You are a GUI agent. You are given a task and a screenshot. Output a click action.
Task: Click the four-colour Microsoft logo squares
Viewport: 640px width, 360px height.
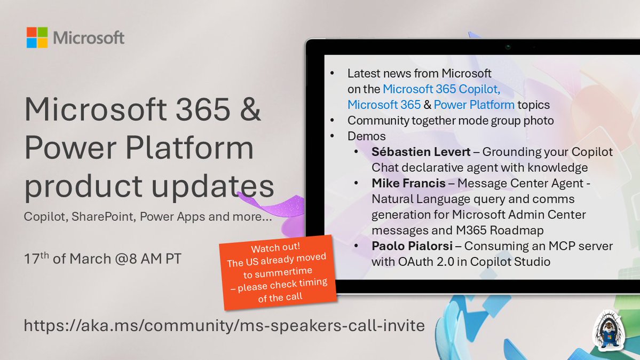[37, 37]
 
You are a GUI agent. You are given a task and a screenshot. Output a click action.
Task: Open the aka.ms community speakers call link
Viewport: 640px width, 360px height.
[224, 325]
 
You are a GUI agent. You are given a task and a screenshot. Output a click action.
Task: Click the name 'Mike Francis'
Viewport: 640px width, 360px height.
[409, 183]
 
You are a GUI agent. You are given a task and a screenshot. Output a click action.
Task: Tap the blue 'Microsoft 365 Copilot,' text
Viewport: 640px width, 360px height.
[441, 89]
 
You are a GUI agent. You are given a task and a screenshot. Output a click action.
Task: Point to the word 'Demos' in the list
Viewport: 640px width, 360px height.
[366, 136]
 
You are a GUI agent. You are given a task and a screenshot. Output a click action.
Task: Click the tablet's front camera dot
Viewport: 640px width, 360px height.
[508, 47]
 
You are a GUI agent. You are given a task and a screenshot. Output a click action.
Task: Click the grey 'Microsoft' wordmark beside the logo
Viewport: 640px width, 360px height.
[89, 38]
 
